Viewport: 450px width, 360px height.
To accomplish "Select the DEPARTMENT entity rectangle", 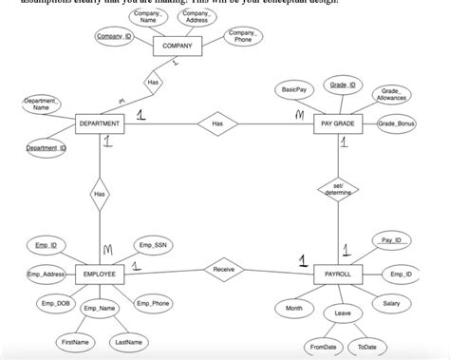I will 99,123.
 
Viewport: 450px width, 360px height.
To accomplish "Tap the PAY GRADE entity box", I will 338,123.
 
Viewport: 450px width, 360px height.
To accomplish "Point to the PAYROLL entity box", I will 338,274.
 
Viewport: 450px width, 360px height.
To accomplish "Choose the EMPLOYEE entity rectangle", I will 99,274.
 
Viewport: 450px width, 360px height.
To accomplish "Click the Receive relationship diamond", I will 224,271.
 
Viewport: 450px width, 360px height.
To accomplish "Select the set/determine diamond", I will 338,190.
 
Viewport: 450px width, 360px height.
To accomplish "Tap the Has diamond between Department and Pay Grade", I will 217,123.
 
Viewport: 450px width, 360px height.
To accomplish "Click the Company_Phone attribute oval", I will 243,37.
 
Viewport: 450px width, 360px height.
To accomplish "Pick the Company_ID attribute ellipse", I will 115,36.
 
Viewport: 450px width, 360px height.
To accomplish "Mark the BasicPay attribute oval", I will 293,89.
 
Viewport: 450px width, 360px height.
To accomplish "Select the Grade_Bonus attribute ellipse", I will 398,124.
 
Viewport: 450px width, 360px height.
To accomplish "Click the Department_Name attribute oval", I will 41,104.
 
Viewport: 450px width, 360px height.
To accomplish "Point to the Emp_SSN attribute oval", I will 153,245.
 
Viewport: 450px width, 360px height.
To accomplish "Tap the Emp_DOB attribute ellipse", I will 56,304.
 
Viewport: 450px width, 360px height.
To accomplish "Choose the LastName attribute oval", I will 128,341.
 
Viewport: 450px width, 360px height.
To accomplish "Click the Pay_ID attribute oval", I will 391,240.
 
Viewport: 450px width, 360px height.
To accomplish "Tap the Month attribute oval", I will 293,309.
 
